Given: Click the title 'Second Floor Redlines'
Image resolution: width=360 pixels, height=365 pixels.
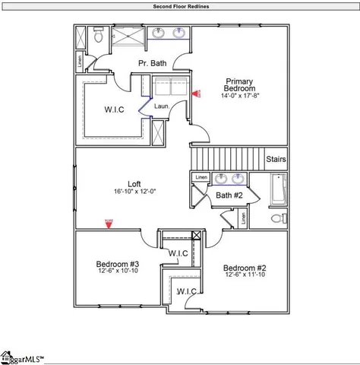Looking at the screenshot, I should coord(181,6).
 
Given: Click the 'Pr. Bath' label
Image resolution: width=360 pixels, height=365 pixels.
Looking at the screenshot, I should coord(153,63).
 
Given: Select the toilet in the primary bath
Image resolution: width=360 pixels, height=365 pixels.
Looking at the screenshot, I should coord(97,37).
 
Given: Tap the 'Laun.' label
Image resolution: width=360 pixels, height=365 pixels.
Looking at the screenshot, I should coord(161,106).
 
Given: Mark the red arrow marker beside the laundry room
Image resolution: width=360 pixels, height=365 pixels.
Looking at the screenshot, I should coord(195,94).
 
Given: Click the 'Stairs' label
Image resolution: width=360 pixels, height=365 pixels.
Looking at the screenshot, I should coord(276,160).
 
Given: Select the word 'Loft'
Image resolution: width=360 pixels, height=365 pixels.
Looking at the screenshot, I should coord(134,183).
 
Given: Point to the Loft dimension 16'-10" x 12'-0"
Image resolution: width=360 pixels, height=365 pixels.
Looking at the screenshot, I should coord(134,192).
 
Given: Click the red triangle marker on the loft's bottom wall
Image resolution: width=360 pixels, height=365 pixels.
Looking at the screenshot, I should coord(109,223).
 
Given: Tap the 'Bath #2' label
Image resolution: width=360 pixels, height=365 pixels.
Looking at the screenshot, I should coord(229,195).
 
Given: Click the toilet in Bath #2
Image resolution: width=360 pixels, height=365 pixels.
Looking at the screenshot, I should coord(278,218).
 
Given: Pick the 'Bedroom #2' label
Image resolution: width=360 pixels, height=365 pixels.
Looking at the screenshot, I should coord(244,268).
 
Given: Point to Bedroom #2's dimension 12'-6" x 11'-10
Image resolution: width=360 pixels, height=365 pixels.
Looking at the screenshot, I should coord(244,275).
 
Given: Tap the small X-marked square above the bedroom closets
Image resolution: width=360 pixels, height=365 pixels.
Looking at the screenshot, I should coord(197,235).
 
